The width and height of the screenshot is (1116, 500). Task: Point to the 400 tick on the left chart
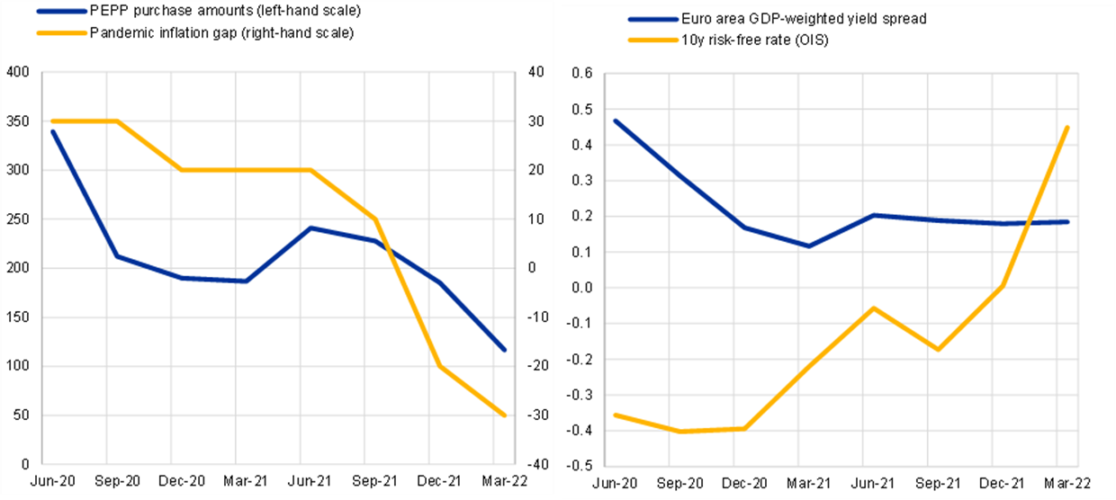pos(17,72)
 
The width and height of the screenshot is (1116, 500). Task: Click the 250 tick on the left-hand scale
pos(17,219)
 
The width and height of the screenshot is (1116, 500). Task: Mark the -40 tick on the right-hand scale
pos(536,464)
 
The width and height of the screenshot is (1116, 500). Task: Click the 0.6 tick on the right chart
pos(581,74)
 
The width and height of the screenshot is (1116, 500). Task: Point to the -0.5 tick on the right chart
pos(580,466)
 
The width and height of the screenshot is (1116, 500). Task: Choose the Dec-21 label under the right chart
pos(999,485)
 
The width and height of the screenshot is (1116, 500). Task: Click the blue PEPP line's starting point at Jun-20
pos(54,132)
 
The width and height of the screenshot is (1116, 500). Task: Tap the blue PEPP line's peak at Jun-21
pos(310,228)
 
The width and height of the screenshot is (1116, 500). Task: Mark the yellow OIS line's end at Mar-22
pos(1067,128)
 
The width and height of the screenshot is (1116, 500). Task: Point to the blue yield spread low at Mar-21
pos(809,246)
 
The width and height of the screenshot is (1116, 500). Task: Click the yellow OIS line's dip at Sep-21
pos(938,349)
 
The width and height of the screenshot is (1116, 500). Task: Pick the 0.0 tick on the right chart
pos(581,288)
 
